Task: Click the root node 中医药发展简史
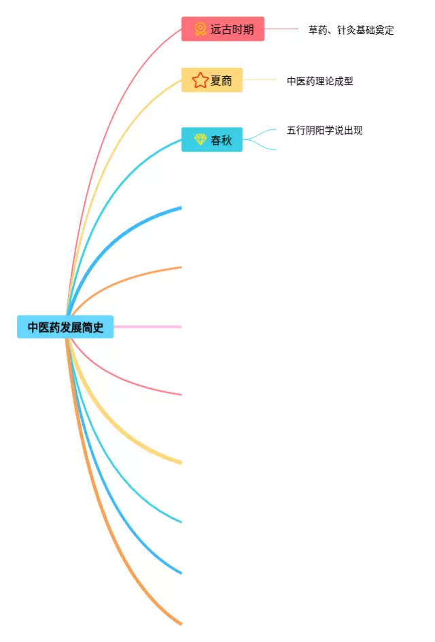pyautogui.click(x=65, y=327)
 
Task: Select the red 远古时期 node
pyautogui.click(x=222, y=29)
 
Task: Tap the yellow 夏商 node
pyautogui.click(x=212, y=80)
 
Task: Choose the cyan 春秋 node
pyautogui.click(x=212, y=139)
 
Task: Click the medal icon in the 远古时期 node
pyautogui.click(x=201, y=29)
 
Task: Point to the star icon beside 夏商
pyautogui.click(x=200, y=80)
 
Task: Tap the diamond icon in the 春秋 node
pyautogui.click(x=200, y=139)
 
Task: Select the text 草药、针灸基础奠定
pyautogui.click(x=351, y=30)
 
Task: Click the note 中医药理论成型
pyautogui.click(x=319, y=81)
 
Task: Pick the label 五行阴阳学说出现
pyautogui.click(x=324, y=130)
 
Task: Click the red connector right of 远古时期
pyautogui.click(x=281, y=29)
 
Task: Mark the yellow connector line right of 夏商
pyautogui.click(x=260, y=80)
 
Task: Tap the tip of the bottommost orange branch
pyautogui.click(x=179, y=622)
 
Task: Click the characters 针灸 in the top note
pyautogui.click(x=347, y=30)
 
